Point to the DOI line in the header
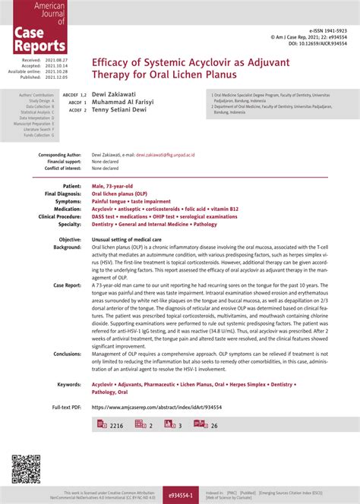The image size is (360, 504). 312,43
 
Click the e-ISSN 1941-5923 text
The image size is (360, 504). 327,28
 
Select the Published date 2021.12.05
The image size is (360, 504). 55,77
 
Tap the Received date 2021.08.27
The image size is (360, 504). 55,59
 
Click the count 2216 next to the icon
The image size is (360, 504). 117,426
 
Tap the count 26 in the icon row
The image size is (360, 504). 214,426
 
